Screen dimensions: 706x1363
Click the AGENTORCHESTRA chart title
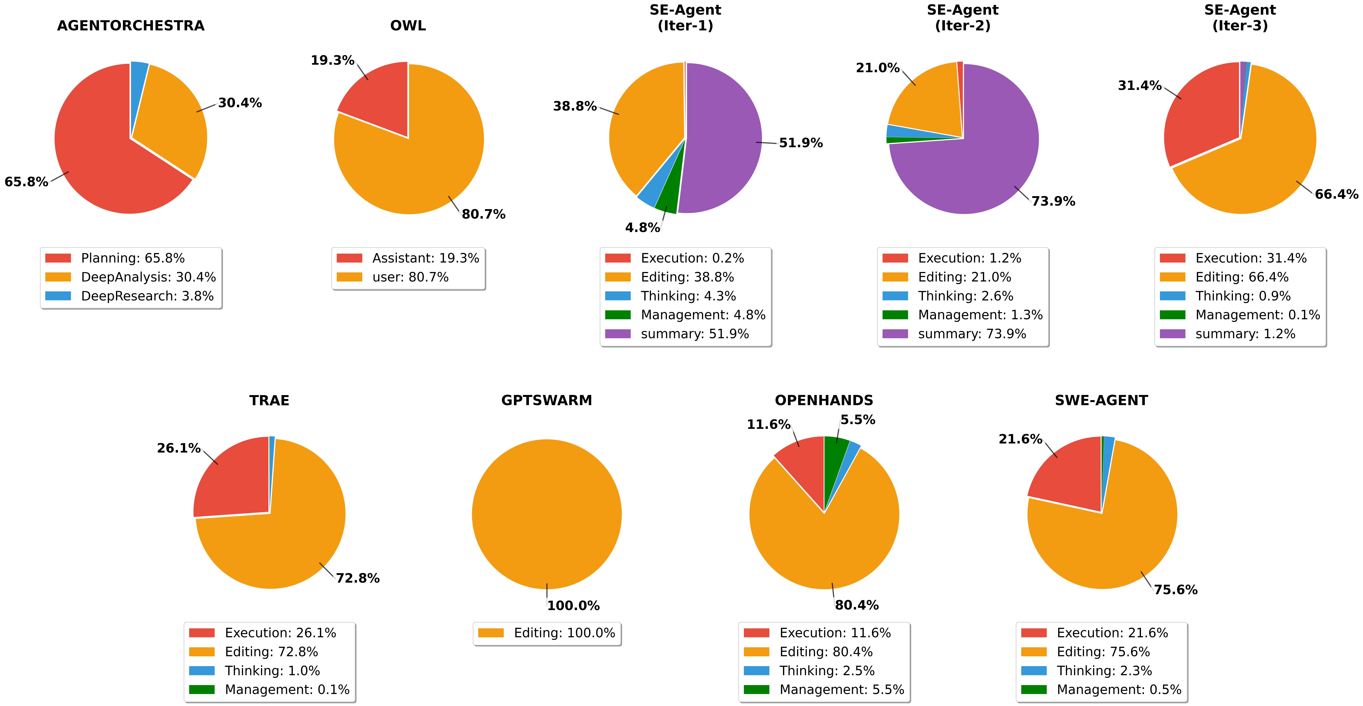[x=131, y=25]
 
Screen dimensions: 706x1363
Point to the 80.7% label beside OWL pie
[x=483, y=214]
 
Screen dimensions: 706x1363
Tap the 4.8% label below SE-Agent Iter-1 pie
[x=642, y=228]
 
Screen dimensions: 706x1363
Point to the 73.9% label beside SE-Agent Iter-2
[x=1053, y=201]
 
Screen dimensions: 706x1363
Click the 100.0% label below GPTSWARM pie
[x=573, y=605]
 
